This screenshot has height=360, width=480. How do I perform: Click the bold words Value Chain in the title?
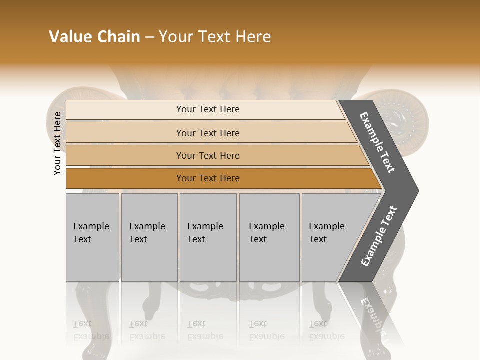point(94,37)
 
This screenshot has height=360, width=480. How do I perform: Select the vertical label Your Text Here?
point(57,143)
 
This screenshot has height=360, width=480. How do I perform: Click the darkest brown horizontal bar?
point(125,178)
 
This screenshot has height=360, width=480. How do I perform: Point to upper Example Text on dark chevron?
point(377,142)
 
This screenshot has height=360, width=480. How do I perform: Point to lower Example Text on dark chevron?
point(379,236)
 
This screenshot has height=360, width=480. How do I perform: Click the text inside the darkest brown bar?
point(208,178)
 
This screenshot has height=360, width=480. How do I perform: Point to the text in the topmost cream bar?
point(208,109)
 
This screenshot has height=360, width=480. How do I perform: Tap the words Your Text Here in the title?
point(215,37)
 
